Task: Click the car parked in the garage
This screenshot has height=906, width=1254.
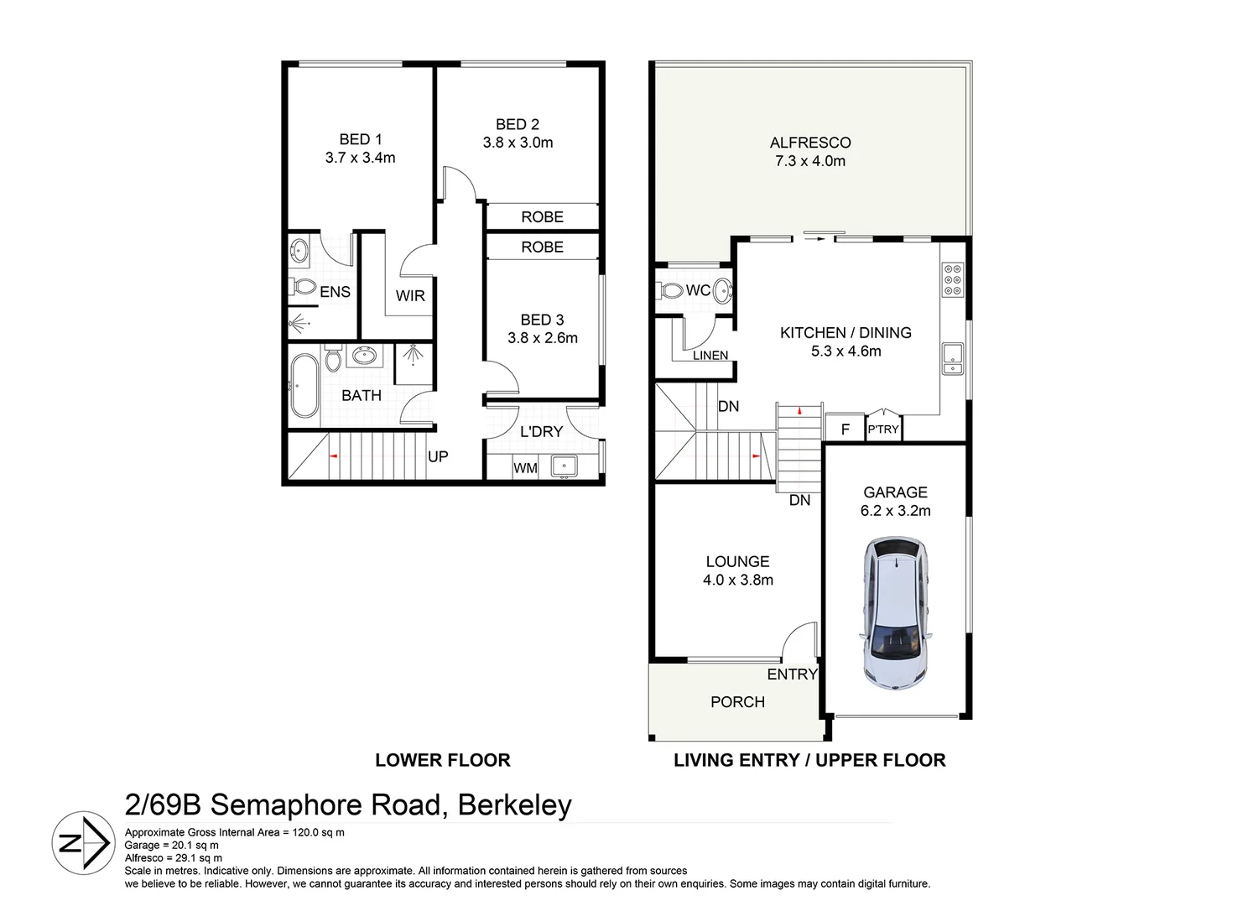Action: (x=895, y=614)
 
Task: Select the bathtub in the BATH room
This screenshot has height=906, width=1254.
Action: (x=304, y=385)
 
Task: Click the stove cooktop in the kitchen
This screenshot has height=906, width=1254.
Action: (x=953, y=280)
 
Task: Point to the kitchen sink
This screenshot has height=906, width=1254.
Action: (x=952, y=358)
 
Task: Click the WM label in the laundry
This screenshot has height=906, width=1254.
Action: (x=525, y=467)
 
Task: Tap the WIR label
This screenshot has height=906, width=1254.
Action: (x=410, y=295)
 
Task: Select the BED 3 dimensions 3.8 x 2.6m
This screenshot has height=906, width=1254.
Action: (x=542, y=338)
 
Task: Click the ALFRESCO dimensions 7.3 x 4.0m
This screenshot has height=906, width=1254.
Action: (x=809, y=161)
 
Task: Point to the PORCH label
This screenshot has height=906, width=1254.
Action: (x=737, y=702)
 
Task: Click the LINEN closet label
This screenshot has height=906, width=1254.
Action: (x=710, y=355)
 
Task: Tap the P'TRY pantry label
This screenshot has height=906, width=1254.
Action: (x=883, y=429)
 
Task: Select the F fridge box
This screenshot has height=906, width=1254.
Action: (x=846, y=429)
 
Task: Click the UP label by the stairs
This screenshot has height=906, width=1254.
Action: (x=438, y=456)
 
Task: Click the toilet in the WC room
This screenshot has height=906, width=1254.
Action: (x=672, y=290)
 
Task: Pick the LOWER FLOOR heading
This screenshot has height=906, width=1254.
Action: (x=442, y=760)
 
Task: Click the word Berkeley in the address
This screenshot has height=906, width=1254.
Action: (x=514, y=804)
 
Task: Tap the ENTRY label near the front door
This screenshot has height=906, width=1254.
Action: (x=792, y=674)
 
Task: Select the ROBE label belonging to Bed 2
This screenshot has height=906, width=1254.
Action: (x=542, y=216)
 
